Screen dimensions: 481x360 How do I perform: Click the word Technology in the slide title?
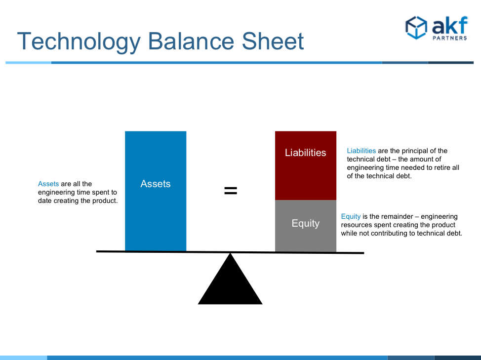pyautogui.click(x=79, y=41)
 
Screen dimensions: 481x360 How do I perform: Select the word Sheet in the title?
pyautogui.click(x=273, y=41)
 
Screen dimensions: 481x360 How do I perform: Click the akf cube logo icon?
pyautogui.click(x=416, y=28)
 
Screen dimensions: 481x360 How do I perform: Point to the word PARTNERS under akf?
pyautogui.click(x=450, y=38)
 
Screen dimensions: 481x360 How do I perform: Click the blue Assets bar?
pyautogui.click(x=156, y=191)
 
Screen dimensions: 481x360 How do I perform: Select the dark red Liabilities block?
pyautogui.click(x=306, y=165)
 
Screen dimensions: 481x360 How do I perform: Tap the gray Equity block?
pyautogui.click(x=306, y=226)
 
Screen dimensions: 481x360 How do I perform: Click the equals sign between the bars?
pyautogui.click(x=231, y=191)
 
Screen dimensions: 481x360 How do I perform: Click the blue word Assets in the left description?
pyautogui.click(x=48, y=184)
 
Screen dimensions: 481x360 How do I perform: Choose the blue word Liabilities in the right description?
pyautogui.click(x=361, y=151)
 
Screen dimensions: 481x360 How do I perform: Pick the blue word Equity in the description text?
pyautogui.click(x=351, y=216)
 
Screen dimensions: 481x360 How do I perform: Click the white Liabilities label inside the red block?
pyautogui.click(x=306, y=153)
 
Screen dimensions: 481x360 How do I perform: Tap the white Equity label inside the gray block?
pyautogui.click(x=306, y=223)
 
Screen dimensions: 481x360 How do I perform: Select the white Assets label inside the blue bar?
pyautogui.click(x=156, y=184)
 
